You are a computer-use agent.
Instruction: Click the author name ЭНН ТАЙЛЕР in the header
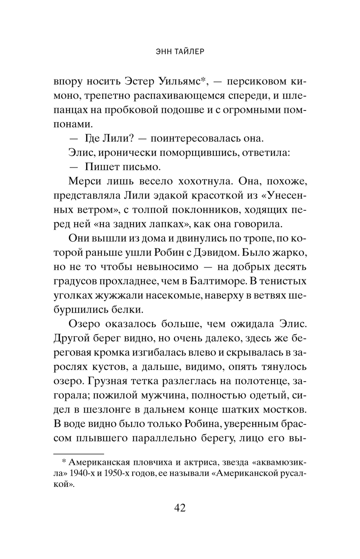pos(180,51)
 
